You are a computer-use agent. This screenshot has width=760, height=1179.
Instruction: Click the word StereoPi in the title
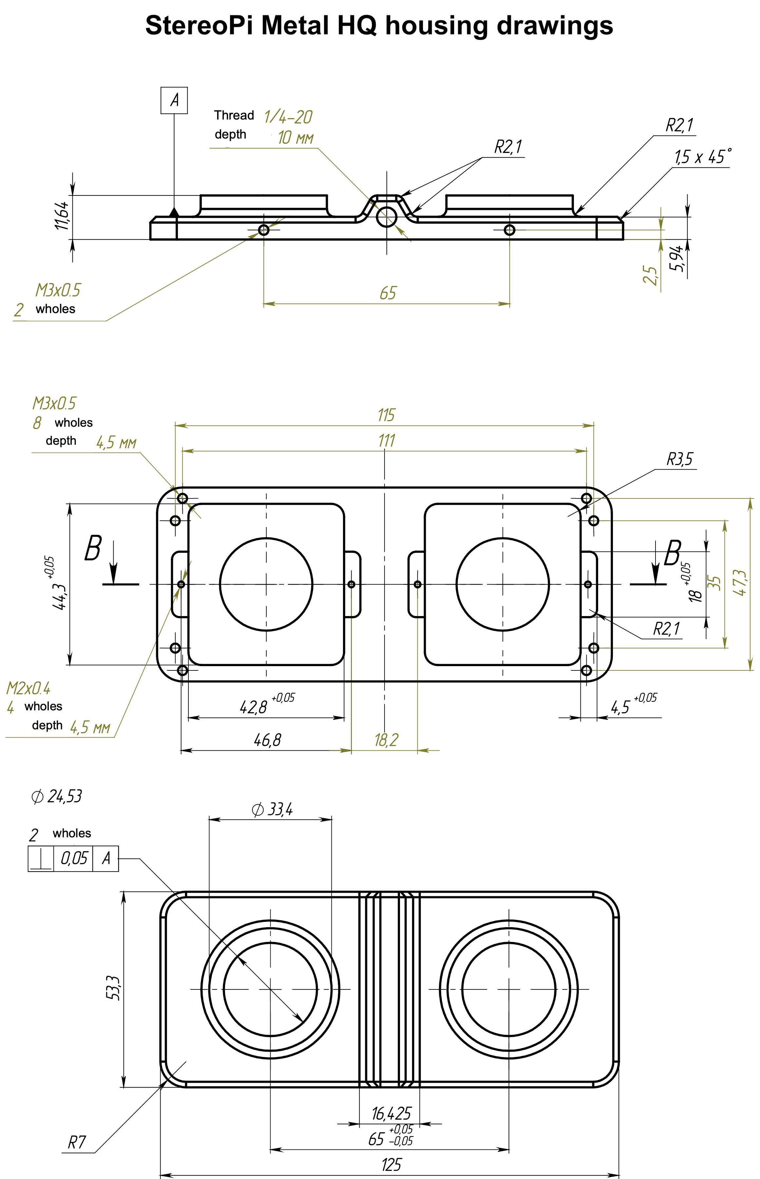pos(199,26)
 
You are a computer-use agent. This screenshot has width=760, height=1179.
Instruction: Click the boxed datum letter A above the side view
pos(174,100)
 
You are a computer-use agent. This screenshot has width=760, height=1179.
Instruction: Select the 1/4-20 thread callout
pos(288,117)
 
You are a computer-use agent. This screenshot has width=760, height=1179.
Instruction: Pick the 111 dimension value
pos(387,440)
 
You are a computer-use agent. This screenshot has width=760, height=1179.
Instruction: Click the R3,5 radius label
pos(679,459)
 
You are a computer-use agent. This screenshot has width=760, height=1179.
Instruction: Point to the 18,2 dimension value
pos(386,740)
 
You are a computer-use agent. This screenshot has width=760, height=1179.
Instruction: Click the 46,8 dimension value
pos(268,740)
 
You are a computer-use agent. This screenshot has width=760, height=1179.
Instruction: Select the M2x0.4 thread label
pos(28,688)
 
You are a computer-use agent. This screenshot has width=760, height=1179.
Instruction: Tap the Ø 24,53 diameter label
pos(56,796)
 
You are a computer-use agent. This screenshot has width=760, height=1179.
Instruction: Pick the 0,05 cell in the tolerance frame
pos(73,858)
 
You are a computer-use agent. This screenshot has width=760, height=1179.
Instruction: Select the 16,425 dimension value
pos(391,1113)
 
